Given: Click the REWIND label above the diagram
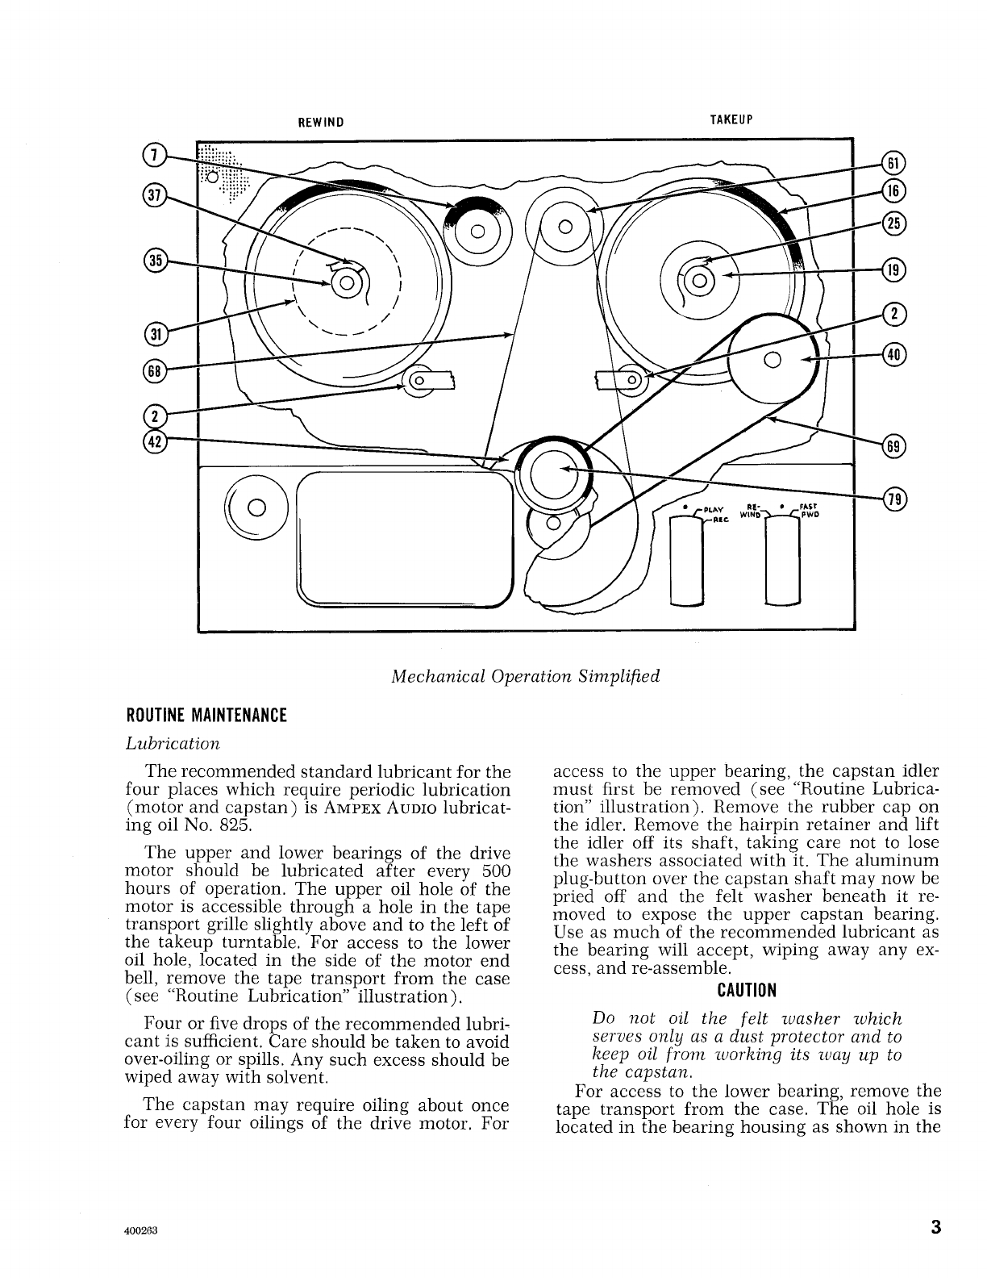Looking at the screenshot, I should [x=321, y=123].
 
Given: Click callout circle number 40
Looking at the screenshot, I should [x=894, y=353].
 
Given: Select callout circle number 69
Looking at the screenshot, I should [x=894, y=445].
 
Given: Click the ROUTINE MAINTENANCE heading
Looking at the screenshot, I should [x=206, y=716].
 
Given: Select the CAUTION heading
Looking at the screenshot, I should [x=747, y=990].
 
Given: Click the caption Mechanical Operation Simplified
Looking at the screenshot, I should [x=525, y=675].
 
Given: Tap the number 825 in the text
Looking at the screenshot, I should [x=235, y=825].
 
